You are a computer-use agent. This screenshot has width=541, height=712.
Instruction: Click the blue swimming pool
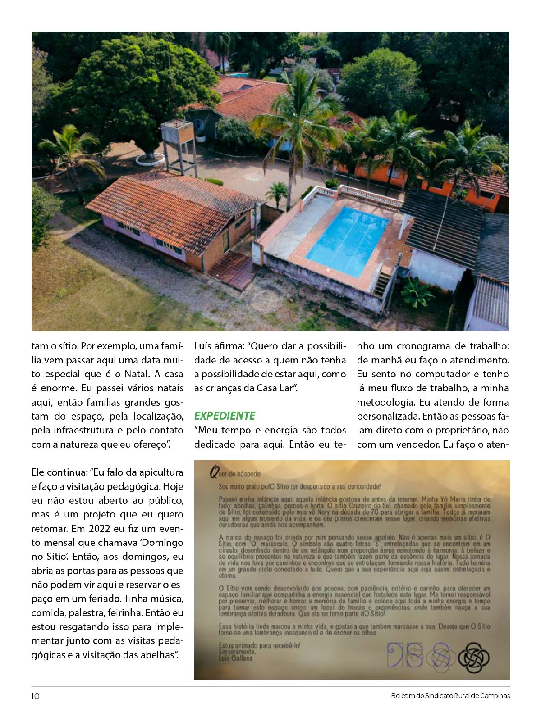[x=348, y=241]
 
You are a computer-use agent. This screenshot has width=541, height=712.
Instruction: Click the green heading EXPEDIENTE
[x=225, y=416]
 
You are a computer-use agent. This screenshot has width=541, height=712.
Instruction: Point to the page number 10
[x=35, y=696]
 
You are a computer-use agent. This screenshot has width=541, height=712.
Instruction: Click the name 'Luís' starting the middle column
[x=203, y=346]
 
